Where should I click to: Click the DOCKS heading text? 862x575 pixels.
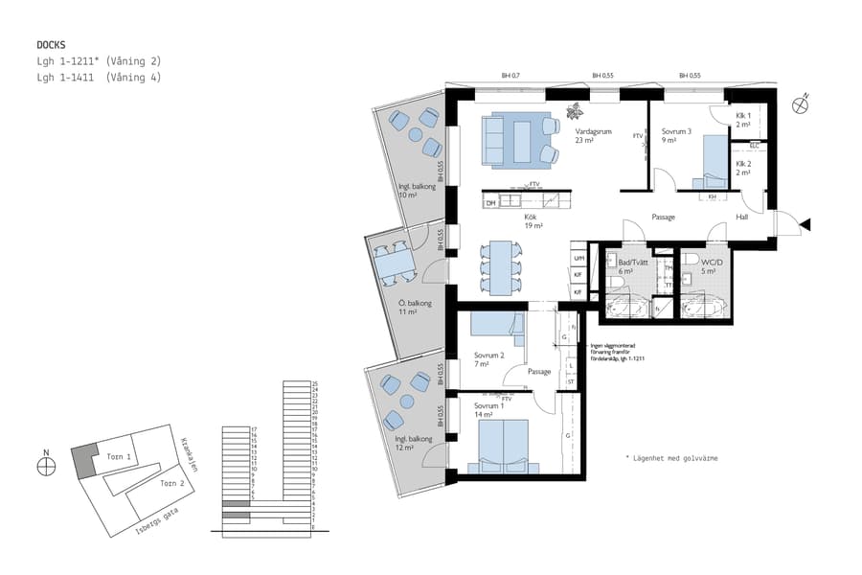pos(51,45)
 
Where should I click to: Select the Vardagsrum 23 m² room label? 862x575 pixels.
pos(593,136)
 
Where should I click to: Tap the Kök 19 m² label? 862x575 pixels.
pos(533,221)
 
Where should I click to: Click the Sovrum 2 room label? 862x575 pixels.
pos(488,359)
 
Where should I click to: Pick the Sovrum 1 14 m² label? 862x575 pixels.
pos(488,410)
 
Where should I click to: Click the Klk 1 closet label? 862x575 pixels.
pos(743,121)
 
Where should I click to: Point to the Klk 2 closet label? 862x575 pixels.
pos(743,168)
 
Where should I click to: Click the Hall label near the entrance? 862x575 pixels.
pos(742,217)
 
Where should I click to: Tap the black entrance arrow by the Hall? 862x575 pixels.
pos(805,225)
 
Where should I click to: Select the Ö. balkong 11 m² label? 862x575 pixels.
pos(416,308)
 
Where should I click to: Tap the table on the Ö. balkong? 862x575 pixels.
pos(392,263)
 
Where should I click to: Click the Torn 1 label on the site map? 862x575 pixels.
pos(119,457)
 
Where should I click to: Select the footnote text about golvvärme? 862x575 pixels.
pos(671,459)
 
